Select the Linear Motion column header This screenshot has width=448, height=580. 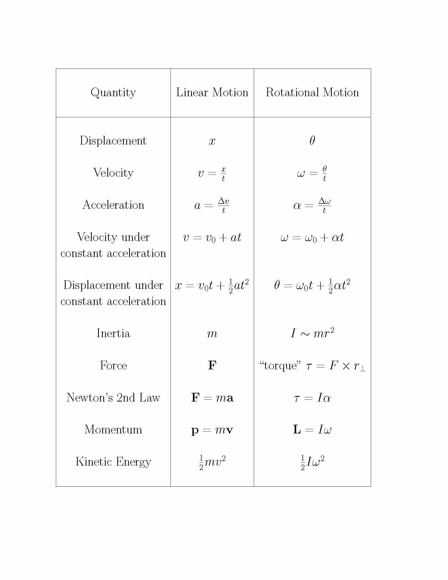212,93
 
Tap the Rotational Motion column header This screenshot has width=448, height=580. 312,93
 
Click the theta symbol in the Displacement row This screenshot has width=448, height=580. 312,140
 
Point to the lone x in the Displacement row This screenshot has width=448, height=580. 212,141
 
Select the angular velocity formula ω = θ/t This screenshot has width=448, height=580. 312,173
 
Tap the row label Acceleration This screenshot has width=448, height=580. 113,205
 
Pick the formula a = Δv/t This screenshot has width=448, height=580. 212,206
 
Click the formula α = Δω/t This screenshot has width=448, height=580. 312,206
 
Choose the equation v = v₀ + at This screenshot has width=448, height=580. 212,238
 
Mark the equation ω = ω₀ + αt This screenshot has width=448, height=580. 312,238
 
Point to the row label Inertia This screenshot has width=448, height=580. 113,333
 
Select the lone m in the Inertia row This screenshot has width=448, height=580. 212,334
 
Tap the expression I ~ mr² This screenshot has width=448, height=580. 312,333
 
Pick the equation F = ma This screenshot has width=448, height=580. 212,398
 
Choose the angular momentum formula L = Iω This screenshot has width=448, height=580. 312,429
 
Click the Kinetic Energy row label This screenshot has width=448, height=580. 113,462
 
